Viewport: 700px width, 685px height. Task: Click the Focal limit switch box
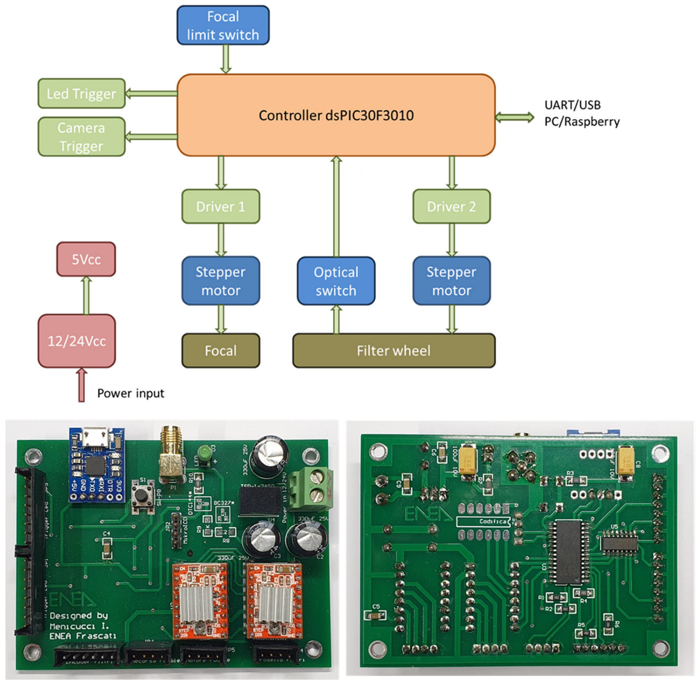click(223, 26)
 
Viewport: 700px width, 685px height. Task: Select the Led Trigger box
click(81, 94)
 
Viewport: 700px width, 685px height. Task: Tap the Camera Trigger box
click(81, 137)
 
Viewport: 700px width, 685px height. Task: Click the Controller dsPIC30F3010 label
click(336, 116)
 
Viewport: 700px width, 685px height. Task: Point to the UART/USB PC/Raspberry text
click(581, 113)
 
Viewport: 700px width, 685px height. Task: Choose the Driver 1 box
click(220, 206)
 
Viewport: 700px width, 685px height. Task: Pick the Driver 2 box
click(451, 206)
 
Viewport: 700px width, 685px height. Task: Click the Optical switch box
click(336, 281)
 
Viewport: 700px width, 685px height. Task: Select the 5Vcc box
click(86, 259)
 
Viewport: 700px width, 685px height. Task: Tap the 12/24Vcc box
click(77, 341)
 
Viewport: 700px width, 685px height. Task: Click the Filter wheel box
click(393, 351)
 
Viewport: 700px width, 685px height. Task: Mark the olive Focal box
click(220, 351)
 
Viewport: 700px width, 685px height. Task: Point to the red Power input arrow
click(81, 385)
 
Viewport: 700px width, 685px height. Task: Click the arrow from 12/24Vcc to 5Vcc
click(87, 295)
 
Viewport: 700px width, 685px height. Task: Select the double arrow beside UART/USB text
click(514, 117)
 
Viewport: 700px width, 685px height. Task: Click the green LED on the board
click(204, 453)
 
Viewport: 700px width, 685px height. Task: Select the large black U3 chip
click(568, 552)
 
